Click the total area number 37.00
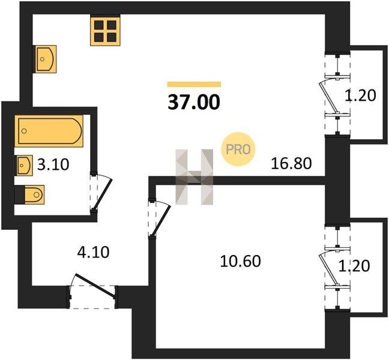click(194, 102)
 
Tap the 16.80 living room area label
click(291, 164)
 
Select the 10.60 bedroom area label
click(240, 261)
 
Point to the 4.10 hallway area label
click(93, 253)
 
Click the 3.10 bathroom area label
click(53, 165)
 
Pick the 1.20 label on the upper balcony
click(360, 95)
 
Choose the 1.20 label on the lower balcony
click(354, 266)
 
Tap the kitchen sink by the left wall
click(45, 59)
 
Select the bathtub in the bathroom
click(49, 131)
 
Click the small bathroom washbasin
click(24, 166)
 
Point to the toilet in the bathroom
click(30, 194)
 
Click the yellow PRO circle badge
click(238, 149)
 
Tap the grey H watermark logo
click(194, 177)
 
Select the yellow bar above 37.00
click(194, 84)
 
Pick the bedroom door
click(161, 219)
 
